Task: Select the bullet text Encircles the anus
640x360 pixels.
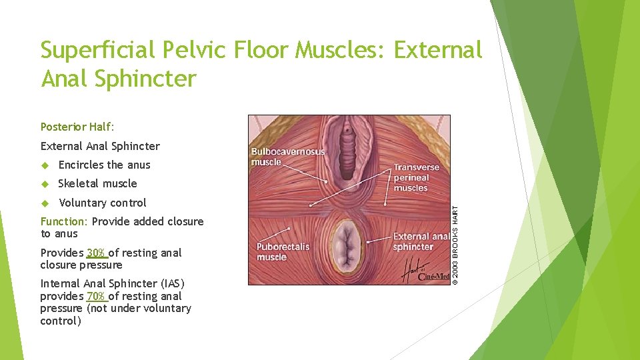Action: coord(104,165)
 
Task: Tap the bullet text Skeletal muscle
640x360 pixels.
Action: coord(97,183)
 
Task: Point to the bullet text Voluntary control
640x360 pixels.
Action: coord(102,203)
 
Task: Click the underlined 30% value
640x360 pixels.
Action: coord(97,253)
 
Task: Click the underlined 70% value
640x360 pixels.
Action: coord(97,296)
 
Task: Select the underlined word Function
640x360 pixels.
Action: coord(64,221)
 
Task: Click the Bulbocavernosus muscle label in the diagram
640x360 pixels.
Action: coord(287,157)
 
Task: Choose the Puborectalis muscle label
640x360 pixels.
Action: coord(283,251)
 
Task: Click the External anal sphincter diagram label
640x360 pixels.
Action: coord(421,241)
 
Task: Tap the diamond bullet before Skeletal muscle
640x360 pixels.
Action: coord(45,184)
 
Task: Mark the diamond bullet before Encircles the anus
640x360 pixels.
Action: coord(45,165)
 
